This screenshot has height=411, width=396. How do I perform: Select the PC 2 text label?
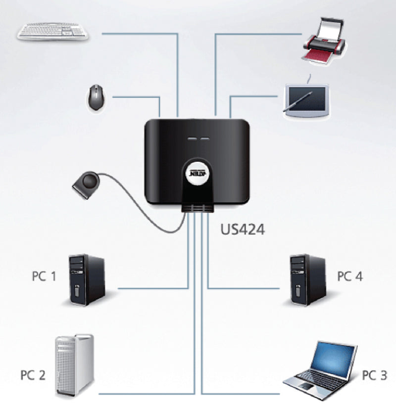tap(33, 374)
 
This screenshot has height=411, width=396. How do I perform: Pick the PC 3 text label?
tap(374, 374)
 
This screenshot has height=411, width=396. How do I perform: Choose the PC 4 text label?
tap(349, 276)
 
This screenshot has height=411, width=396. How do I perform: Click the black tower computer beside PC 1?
tap(86, 279)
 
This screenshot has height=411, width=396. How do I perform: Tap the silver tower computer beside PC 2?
tap(74, 365)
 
